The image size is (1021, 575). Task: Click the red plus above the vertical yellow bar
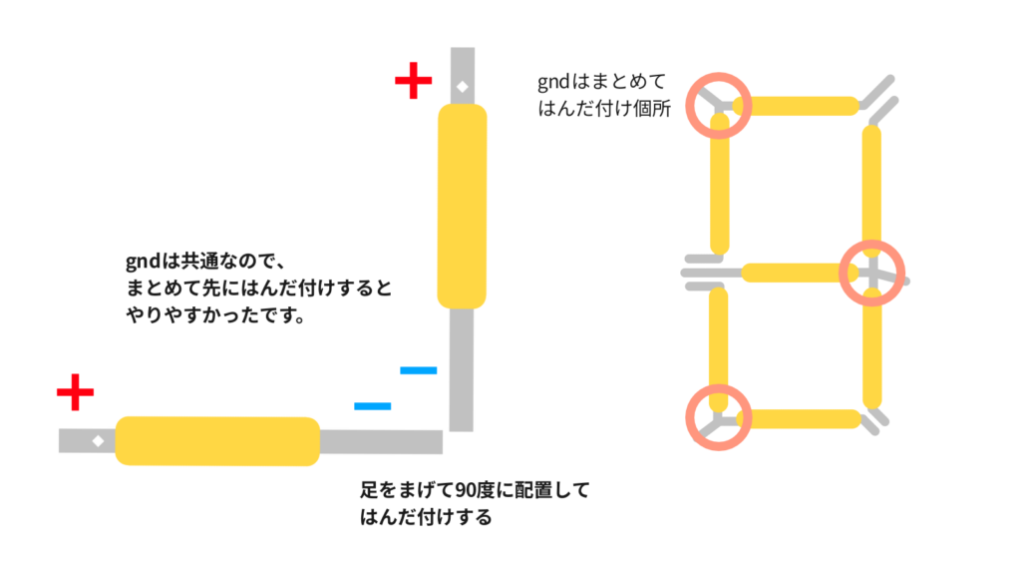tap(413, 82)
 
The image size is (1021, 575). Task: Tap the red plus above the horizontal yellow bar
tap(75, 393)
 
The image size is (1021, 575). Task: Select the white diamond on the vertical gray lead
tap(462, 88)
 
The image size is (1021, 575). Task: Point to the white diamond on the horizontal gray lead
tap(98, 440)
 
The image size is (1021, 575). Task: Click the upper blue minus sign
tap(419, 371)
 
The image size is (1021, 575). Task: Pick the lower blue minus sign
tap(372, 406)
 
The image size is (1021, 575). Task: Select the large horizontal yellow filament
tap(217, 441)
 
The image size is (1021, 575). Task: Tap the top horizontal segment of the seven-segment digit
tap(802, 106)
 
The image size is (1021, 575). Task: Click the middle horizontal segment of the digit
tap(798, 272)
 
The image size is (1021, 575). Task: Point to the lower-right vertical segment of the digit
tap(872, 349)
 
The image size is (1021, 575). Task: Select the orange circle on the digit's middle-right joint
tap(871, 272)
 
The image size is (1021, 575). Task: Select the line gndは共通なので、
tap(205, 263)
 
